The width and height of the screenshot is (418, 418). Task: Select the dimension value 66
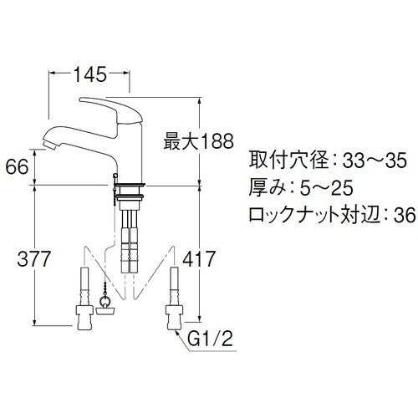click(x=17, y=166)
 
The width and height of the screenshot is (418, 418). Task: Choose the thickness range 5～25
click(x=333, y=187)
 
